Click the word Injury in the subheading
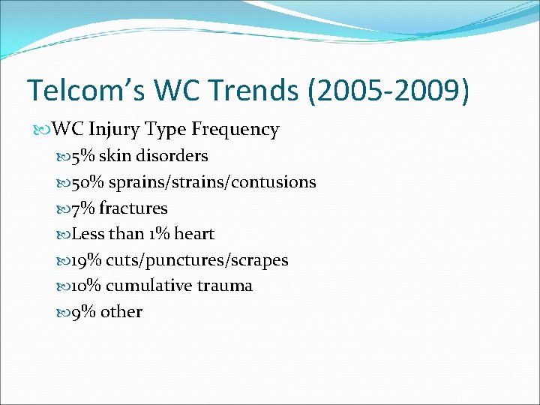tap(114, 130)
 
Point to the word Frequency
tap(235, 130)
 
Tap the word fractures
tap(133, 208)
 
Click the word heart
tap(195, 234)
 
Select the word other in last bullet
tap(121, 312)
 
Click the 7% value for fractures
tap(83, 208)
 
